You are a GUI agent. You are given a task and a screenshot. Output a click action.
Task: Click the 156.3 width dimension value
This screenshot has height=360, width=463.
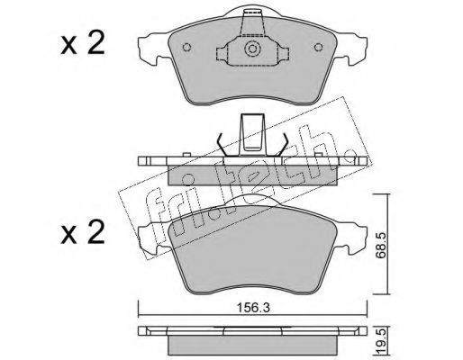253,308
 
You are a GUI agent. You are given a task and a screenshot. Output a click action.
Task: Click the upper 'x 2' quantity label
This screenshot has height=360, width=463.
83,43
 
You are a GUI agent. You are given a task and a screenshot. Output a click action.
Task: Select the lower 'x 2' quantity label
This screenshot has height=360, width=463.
83,231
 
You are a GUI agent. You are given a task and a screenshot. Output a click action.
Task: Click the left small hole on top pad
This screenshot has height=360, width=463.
186,48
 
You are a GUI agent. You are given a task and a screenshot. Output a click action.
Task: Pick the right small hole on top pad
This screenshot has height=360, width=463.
318,47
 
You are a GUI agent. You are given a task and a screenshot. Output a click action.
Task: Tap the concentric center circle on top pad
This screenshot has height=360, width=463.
251,49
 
